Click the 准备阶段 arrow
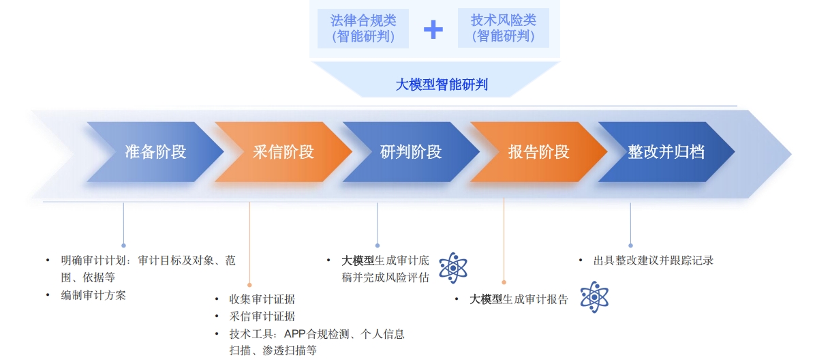click(155, 152)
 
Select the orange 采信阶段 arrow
click(283, 152)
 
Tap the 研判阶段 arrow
click(412, 152)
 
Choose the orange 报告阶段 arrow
click(539, 152)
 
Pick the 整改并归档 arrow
click(666, 152)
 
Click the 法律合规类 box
click(363, 29)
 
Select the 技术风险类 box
click(503, 28)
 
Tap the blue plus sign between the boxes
click(433, 29)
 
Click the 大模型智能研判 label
click(442, 85)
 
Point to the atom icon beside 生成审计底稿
click(452, 268)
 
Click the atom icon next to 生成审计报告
click(594, 297)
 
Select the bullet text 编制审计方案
click(93, 295)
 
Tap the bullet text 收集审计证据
click(262, 299)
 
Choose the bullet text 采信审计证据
click(262, 316)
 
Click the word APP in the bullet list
click(294, 334)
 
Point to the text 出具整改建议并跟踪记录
click(654, 260)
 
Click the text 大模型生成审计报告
click(519, 299)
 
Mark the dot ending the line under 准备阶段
click(124, 245)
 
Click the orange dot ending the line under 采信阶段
click(249, 285)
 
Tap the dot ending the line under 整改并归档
click(630, 245)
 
